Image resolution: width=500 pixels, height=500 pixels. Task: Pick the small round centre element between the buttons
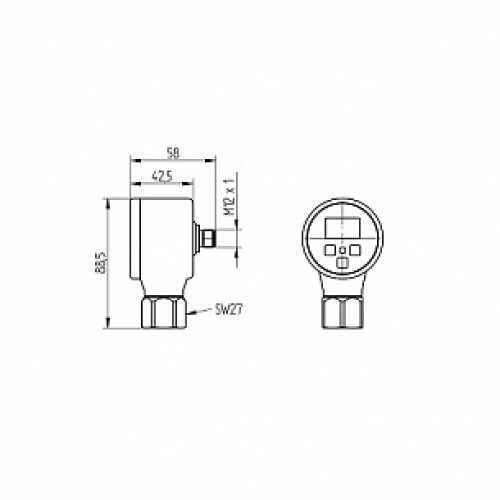pyautogui.click(x=342, y=248)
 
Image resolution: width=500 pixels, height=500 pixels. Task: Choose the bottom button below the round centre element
pyautogui.click(x=342, y=262)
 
